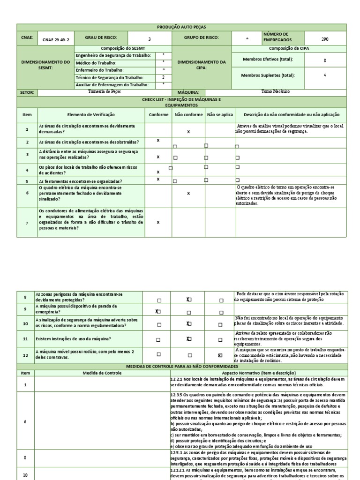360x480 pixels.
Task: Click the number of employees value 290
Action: (325, 40)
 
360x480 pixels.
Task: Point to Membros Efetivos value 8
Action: (325, 60)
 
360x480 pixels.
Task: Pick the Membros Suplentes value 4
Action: (325, 75)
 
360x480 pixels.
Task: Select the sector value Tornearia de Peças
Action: (104, 92)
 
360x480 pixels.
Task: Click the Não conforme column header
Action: (188, 115)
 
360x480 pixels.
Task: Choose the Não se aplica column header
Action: (219, 115)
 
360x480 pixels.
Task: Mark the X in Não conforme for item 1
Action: (188, 132)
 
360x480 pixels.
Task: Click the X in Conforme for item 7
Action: (158, 222)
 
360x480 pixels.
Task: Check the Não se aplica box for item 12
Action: (220, 355)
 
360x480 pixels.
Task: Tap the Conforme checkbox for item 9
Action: (158, 311)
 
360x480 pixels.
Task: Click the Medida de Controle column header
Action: (102, 373)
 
